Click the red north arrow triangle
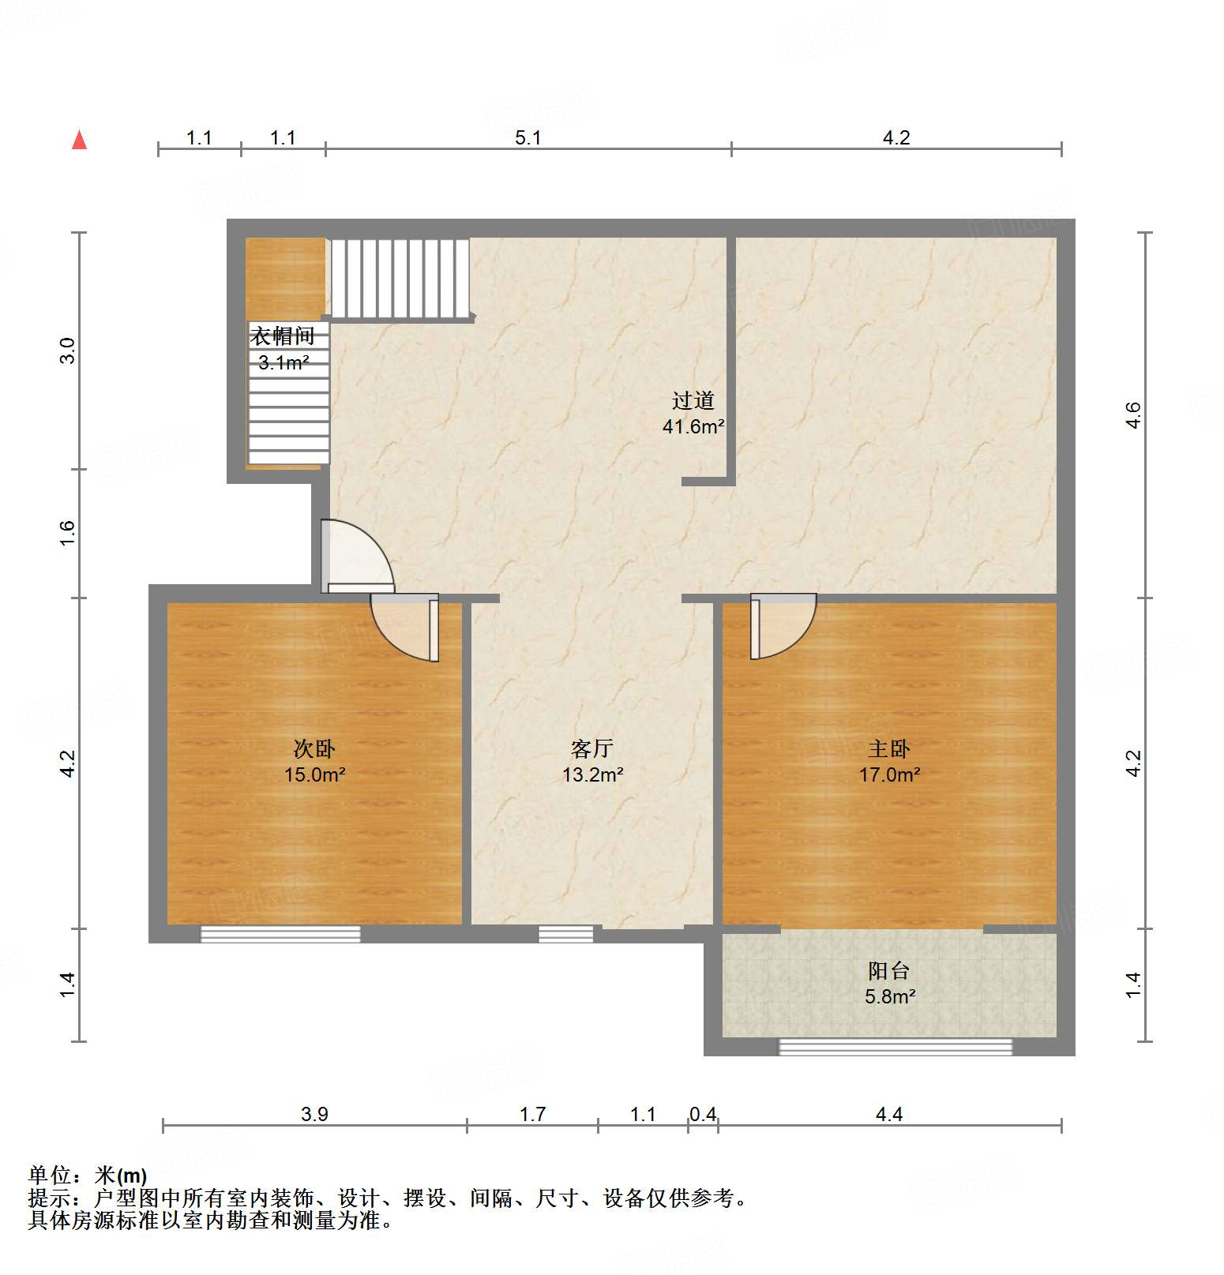[79, 141]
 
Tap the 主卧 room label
[889, 748]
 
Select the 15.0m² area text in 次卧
[314, 774]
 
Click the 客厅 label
[592, 748]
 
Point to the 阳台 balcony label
[889, 970]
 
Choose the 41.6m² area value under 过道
[693, 427]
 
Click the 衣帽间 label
[283, 336]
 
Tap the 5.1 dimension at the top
[528, 137]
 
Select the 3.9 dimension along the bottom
[314, 1114]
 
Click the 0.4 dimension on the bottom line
[703, 1114]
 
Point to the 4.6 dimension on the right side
[1133, 415]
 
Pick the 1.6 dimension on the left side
[67, 533]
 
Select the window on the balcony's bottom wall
[895, 1047]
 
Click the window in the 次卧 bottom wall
[280, 934]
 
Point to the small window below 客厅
[565, 934]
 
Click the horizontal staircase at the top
[400, 278]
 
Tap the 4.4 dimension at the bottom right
[889, 1114]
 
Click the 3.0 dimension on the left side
[67, 351]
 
